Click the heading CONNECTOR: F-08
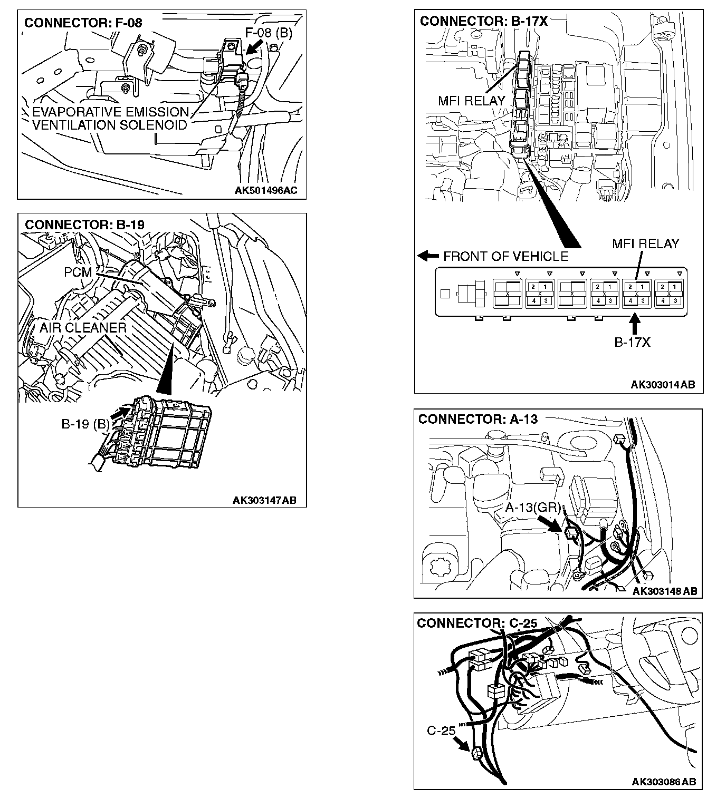point(83,23)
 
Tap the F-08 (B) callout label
point(269,33)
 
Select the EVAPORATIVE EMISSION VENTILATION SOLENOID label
point(110,119)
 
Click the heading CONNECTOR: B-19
point(84,225)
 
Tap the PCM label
point(78,272)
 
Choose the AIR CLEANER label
point(83,328)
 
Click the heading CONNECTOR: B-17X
point(483,21)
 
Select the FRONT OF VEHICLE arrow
point(428,256)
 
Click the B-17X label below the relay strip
point(632,342)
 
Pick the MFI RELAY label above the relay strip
point(645,244)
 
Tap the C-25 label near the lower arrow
point(441,731)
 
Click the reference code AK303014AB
point(663,385)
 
